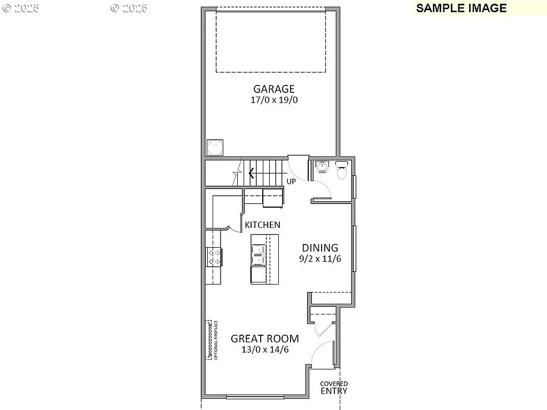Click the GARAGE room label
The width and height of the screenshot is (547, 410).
click(x=273, y=89)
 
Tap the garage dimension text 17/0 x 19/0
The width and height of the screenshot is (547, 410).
click(x=273, y=100)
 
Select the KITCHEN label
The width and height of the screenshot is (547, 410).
click(x=262, y=225)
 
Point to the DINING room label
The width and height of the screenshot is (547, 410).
click(x=320, y=248)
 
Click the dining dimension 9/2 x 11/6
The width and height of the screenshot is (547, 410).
click(x=320, y=258)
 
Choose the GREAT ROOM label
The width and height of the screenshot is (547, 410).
click(x=264, y=338)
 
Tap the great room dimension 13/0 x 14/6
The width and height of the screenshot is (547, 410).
click(x=264, y=350)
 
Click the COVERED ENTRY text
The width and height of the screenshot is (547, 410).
click(x=334, y=388)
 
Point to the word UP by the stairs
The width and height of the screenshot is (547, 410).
click(x=291, y=182)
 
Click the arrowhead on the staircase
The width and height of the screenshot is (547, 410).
click(x=251, y=173)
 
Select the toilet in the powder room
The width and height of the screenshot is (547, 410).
click(x=342, y=171)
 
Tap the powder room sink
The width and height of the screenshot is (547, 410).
click(x=322, y=167)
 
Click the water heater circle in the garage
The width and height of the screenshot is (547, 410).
click(x=215, y=147)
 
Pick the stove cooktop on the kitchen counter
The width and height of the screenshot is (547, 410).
click(x=214, y=257)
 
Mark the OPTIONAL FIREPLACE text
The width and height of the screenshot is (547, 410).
click(x=216, y=340)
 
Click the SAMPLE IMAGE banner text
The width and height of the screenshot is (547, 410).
click(x=461, y=8)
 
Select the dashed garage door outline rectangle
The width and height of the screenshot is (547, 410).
click(x=271, y=40)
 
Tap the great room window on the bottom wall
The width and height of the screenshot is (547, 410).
click(x=255, y=397)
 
